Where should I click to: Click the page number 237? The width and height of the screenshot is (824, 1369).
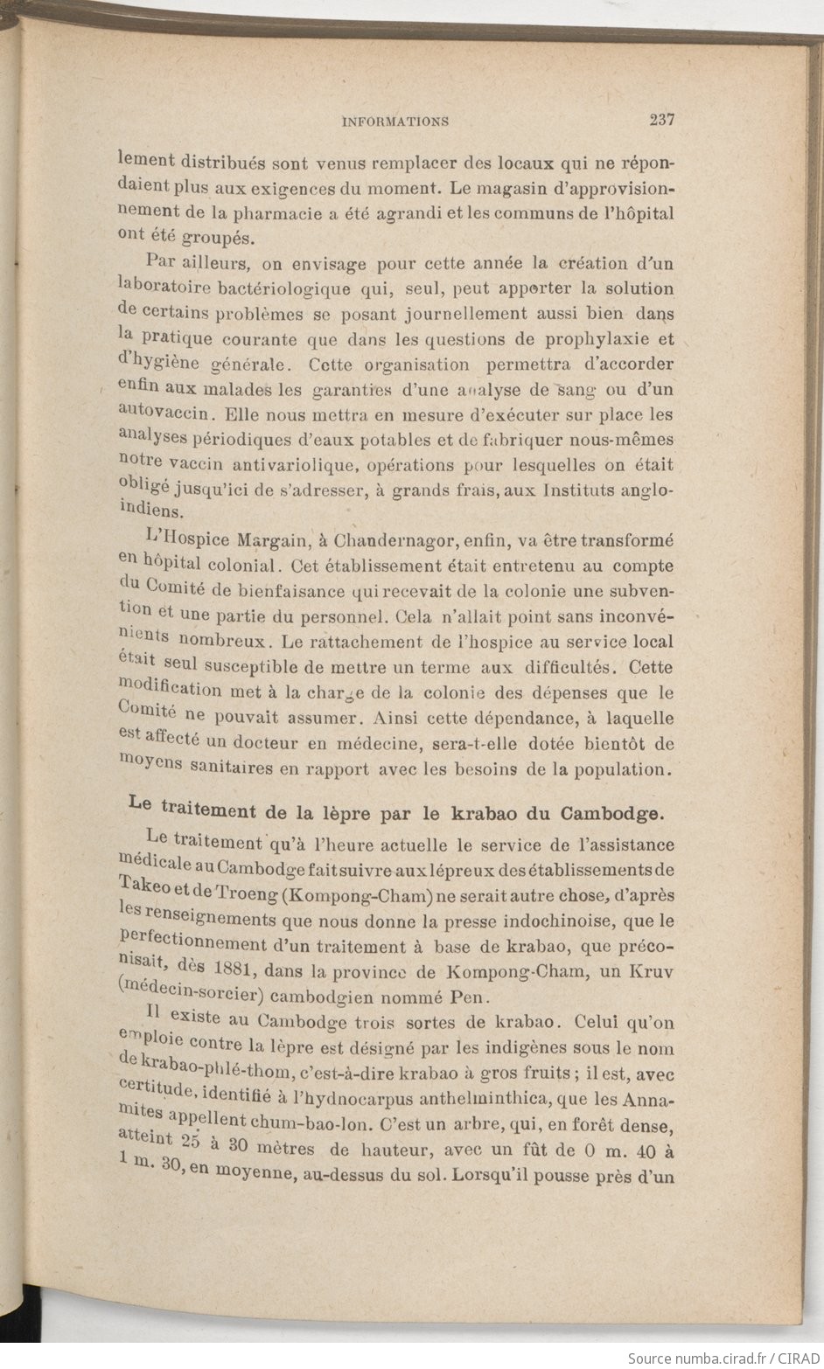tap(661, 121)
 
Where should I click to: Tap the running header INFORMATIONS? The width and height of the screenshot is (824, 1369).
tap(395, 122)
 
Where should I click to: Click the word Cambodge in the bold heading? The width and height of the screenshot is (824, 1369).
tap(611, 812)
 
